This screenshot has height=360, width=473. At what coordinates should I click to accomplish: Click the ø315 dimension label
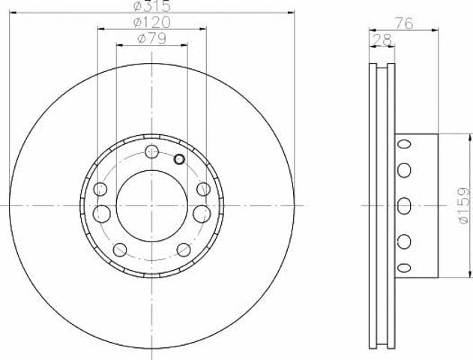tap(151, 5)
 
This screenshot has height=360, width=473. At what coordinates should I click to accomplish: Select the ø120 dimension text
tap(151, 22)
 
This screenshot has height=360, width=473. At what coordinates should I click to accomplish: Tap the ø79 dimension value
tap(151, 39)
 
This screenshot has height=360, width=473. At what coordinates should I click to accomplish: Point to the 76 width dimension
tap(404, 23)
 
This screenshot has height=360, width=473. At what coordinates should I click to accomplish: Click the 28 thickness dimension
tap(382, 40)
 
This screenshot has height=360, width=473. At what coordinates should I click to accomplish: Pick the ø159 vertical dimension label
tap(464, 205)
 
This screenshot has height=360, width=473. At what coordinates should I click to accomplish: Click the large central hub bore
tap(151, 205)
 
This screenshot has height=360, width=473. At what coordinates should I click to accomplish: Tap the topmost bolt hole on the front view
tap(151, 151)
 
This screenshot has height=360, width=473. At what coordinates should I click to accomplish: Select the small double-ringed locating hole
tap(179, 159)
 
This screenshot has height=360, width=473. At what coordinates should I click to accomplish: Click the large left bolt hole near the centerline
tap(102, 214)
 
